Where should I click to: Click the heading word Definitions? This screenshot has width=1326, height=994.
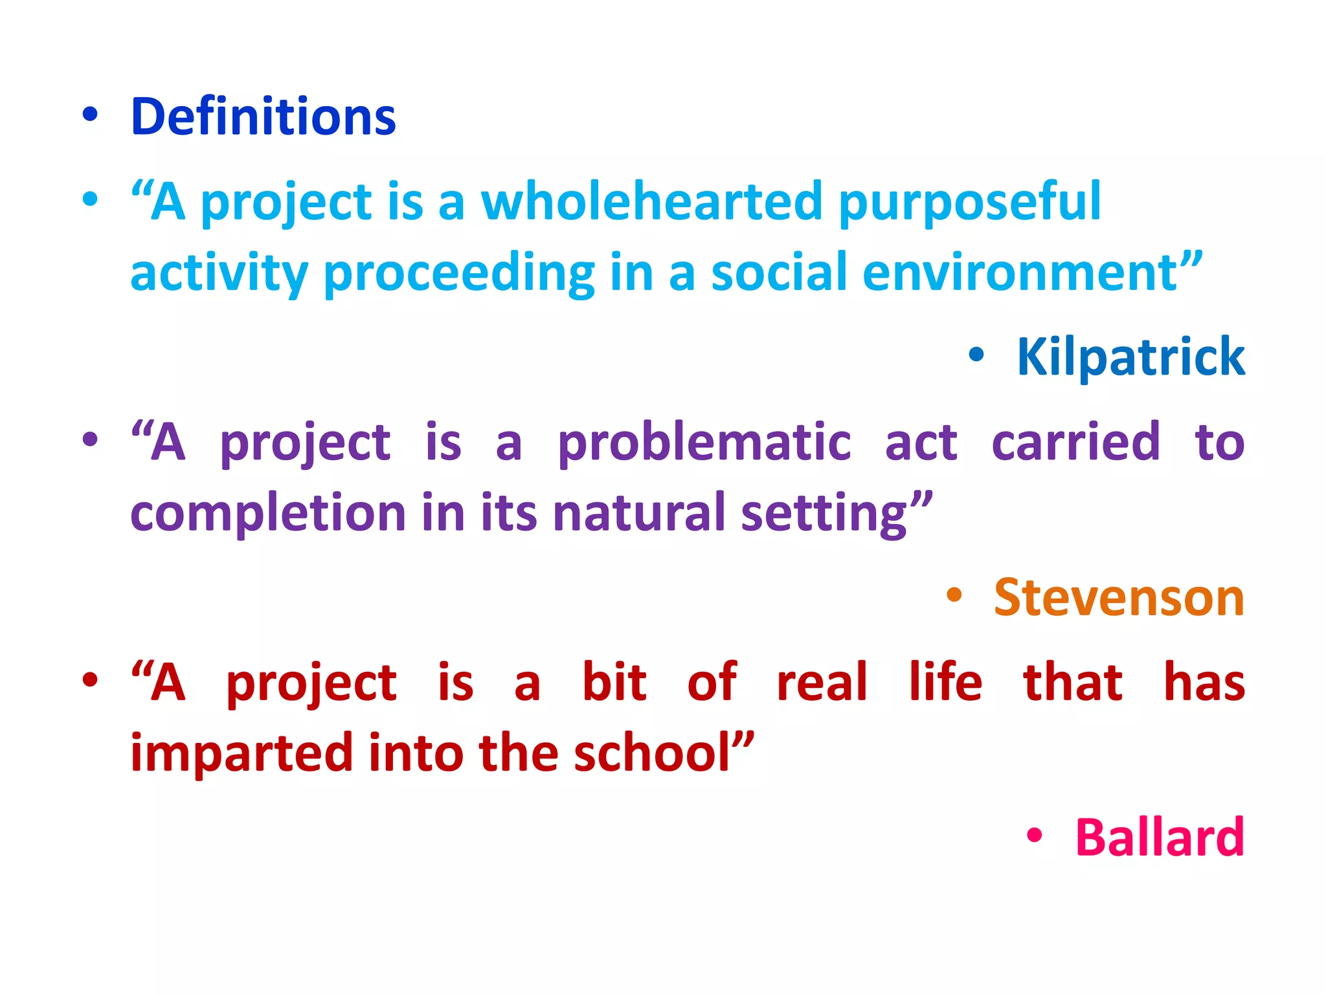point(263,117)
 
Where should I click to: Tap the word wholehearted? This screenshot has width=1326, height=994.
point(651,201)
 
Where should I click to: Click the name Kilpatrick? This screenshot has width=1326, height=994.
point(1130,357)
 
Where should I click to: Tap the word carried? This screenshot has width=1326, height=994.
point(1075,442)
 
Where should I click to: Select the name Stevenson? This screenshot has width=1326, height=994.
point(1119,597)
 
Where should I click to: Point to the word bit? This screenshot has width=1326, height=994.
point(614,682)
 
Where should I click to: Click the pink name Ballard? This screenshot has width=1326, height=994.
point(1159,837)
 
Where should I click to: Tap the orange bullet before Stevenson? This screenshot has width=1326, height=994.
point(954,595)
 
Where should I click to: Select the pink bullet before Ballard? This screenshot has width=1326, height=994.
point(1034,835)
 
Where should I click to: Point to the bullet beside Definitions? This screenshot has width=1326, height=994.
point(90,115)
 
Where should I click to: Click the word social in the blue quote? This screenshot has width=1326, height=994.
point(779,272)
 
